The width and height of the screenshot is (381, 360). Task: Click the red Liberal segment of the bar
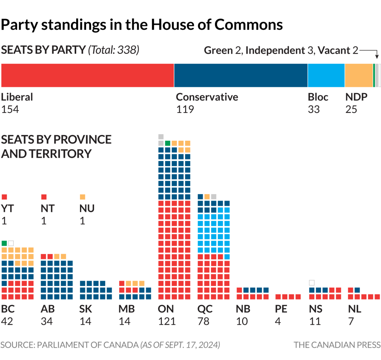pyautogui.click(x=88, y=75)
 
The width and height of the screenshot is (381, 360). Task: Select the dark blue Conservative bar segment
pyautogui.click(x=241, y=75)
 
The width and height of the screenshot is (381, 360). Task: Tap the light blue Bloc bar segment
pyautogui.click(x=326, y=75)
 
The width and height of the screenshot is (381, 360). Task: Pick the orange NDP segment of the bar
pyautogui.click(x=359, y=75)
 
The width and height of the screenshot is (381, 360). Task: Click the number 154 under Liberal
pyautogui.click(x=10, y=109)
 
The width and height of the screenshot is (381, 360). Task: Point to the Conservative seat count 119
pyautogui.click(x=185, y=109)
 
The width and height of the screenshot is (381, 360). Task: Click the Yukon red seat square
pyautogui.click(x=5, y=197)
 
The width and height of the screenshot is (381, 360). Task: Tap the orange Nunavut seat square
pyautogui.click(x=82, y=197)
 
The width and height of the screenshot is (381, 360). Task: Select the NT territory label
pyautogui.click(x=48, y=209)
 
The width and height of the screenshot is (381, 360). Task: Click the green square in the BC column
pyautogui.click(x=4, y=243)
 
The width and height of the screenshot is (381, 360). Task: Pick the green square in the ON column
pyautogui.click(x=168, y=143)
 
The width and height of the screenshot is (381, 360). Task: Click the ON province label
pyautogui.click(x=166, y=309)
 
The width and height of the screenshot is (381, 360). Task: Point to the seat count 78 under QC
pyautogui.click(x=203, y=321)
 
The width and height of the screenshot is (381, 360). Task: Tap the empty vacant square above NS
pyautogui.click(x=312, y=283)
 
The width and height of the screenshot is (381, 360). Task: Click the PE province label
pyautogui.click(x=281, y=309)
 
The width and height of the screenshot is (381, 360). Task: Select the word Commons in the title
pyautogui.click(x=248, y=25)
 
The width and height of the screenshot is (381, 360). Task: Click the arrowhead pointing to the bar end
pyautogui.click(x=377, y=57)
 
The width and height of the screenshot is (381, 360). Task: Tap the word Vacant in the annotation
pyautogui.click(x=334, y=50)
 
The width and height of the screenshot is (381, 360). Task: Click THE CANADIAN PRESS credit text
pyautogui.click(x=337, y=345)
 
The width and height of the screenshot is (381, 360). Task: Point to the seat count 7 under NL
pyautogui.click(x=351, y=321)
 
